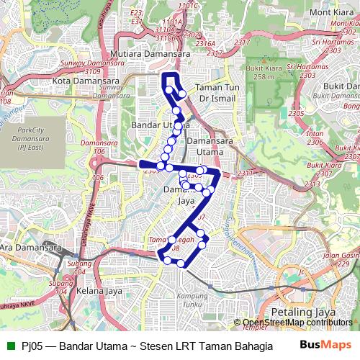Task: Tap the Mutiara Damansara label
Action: (150, 54)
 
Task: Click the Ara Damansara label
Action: (27, 248)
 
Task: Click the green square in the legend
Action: (9, 346)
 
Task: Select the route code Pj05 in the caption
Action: (32, 346)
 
